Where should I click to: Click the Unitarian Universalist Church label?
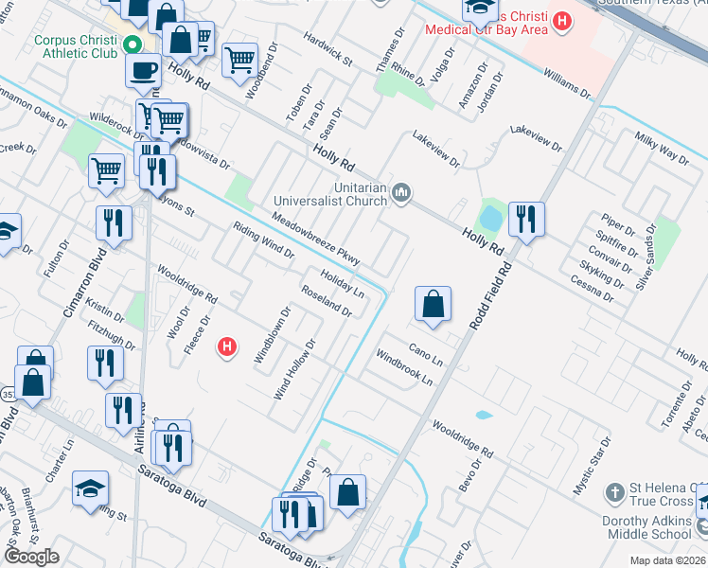(x=330, y=194)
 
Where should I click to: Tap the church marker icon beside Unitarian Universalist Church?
(x=401, y=194)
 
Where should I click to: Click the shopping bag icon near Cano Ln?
(x=432, y=305)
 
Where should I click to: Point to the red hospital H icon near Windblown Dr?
(x=226, y=347)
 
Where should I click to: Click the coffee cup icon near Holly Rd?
(x=144, y=70)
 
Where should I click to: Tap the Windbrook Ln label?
(x=404, y=368)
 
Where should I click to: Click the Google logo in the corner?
(x=30, y=557)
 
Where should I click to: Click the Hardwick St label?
(x=327, y=50)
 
